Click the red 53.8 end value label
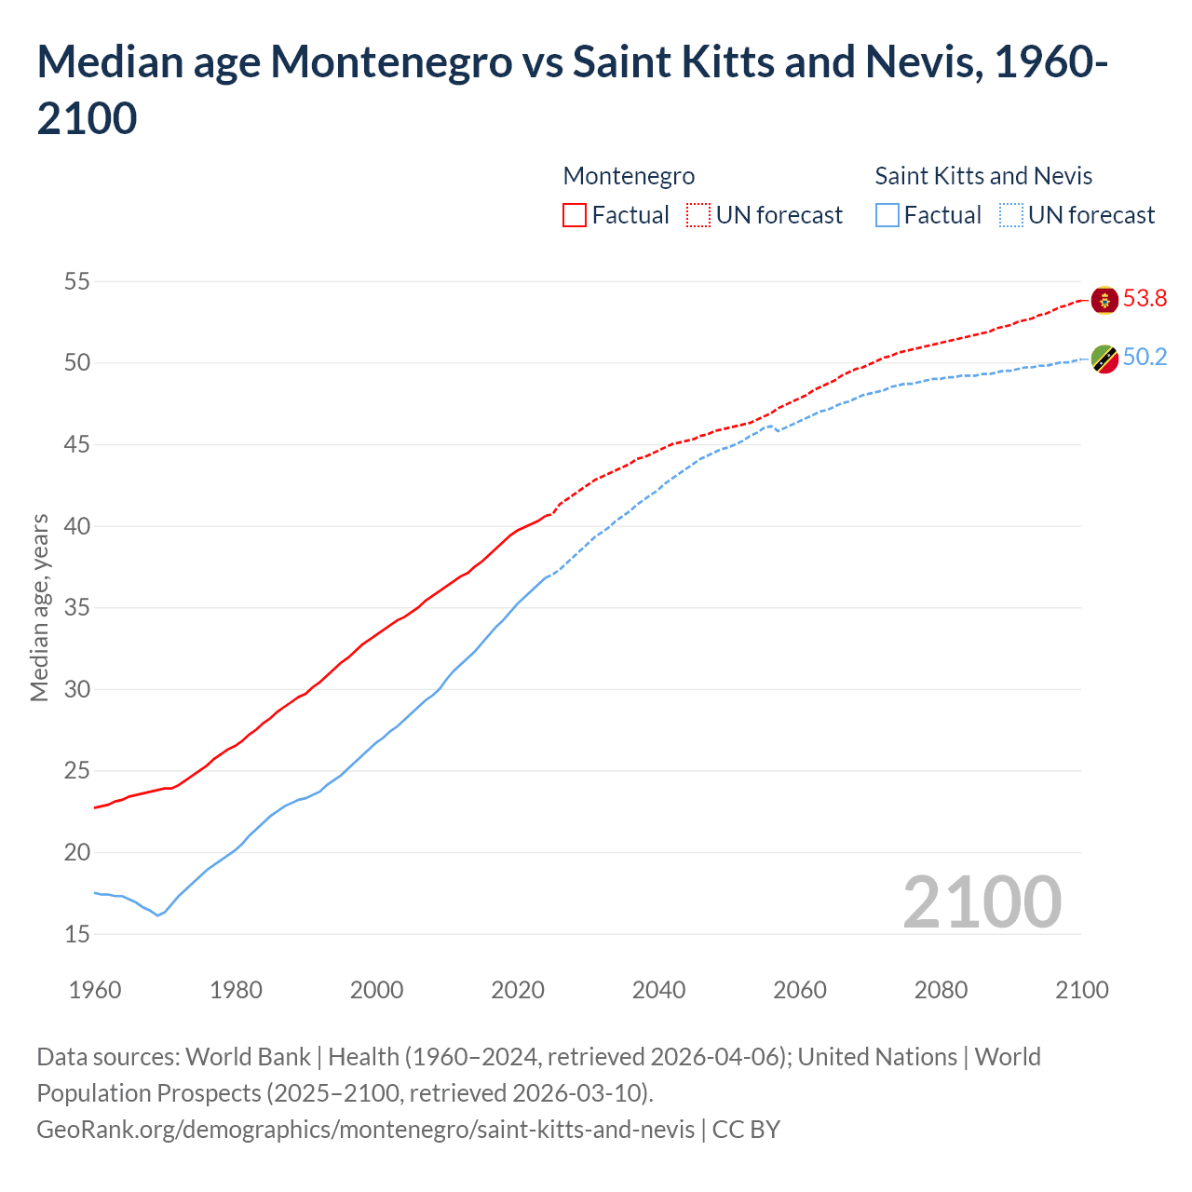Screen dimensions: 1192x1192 [x=1145, y=299]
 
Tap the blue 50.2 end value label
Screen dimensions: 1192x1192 [x=1145, y=358]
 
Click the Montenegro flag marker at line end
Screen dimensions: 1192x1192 [x=1104, y=300]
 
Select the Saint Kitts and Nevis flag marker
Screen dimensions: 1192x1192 [x=1104, y=359]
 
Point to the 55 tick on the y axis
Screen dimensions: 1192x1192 [x=76, y=281]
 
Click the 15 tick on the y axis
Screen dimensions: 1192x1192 [x=76, y=934]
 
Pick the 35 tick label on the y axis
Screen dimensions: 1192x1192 [x=76, y=608]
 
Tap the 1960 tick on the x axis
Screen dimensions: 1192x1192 [x=95, y=990]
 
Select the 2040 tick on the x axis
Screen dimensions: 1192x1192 [x=658, y=990]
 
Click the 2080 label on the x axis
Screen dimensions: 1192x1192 [x=941, y=990]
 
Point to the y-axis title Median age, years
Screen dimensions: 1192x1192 [x=39, y=607]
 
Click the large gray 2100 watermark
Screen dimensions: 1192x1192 [x=982, y=902]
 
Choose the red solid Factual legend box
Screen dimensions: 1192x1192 [x=575, y=216]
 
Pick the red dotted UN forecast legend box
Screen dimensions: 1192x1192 [x=698, y=216]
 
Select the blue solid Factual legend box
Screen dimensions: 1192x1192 [x=887, y=216]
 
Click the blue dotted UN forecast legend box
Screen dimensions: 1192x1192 [x=1011, y=216]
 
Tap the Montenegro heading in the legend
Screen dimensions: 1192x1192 [x=629, y=176]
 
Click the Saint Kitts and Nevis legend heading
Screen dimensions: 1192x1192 [x=983, y=176]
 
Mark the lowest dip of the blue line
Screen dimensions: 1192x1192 [x=157, y=915]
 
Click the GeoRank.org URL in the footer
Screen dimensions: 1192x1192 [x=365, y=1130]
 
